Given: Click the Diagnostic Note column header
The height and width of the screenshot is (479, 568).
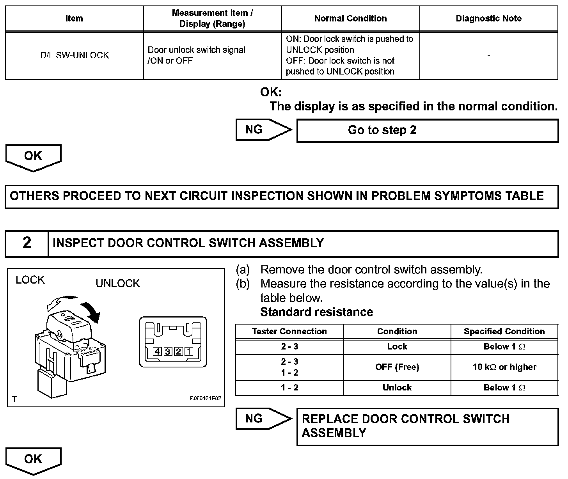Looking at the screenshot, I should click(x=488, y=18).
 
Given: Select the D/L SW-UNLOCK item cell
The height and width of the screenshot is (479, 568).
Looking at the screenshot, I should click(x=75, y=55).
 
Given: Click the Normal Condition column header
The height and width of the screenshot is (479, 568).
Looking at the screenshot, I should click(x=350, y=18).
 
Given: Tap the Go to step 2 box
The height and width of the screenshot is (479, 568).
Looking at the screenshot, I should click(x=427, y=130).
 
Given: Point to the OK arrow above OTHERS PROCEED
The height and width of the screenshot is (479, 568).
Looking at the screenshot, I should click(x=33, y=157).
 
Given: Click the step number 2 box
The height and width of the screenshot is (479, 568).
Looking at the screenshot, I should click(x=27, y=243).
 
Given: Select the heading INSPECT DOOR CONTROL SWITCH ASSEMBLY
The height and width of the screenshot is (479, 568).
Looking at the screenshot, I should click(x=188, y=243).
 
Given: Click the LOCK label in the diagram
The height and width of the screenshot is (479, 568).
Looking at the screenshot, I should click(x=30, y=280).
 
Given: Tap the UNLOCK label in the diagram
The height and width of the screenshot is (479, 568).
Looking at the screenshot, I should click(x=118, y=284).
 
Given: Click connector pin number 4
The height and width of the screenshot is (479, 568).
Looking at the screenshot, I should click(x=158, y=352).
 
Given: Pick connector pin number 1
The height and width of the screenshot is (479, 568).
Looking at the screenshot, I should click(x=189, y=352).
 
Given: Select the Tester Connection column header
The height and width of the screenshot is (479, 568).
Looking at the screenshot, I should click(x=289, y=332).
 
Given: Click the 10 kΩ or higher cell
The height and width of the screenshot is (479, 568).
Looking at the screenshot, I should click(x=504, y=367).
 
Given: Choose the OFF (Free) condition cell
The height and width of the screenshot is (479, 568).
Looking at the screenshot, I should click(x=397, y=367).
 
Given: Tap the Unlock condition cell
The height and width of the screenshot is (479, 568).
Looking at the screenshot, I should click(x=397, y=388).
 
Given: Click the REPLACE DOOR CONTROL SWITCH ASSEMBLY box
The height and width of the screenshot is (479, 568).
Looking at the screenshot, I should click(x=427, y=426).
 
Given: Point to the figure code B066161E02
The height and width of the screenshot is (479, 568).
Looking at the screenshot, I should click(x=206, y=399).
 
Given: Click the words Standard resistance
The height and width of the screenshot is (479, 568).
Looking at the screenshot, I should click(x=316, y=312).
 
